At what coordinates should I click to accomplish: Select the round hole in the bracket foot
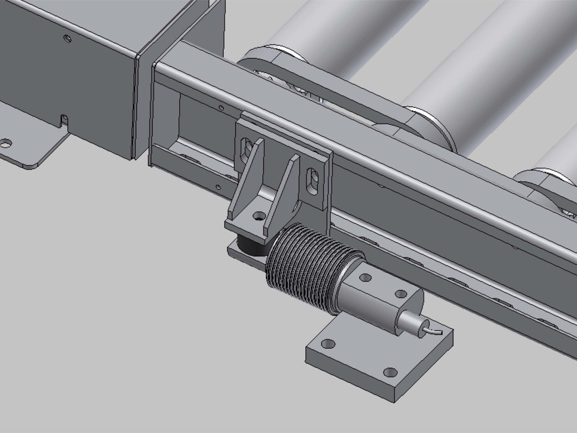point(258,216)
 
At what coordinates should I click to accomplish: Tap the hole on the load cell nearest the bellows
point(365,277)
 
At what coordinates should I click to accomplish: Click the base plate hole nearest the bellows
point(328,343)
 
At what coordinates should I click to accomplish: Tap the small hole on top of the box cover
point(68,38)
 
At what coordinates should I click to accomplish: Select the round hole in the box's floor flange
point(6,143)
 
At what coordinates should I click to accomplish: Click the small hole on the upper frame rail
point(221,107)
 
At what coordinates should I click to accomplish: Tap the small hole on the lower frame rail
point(218,187)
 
